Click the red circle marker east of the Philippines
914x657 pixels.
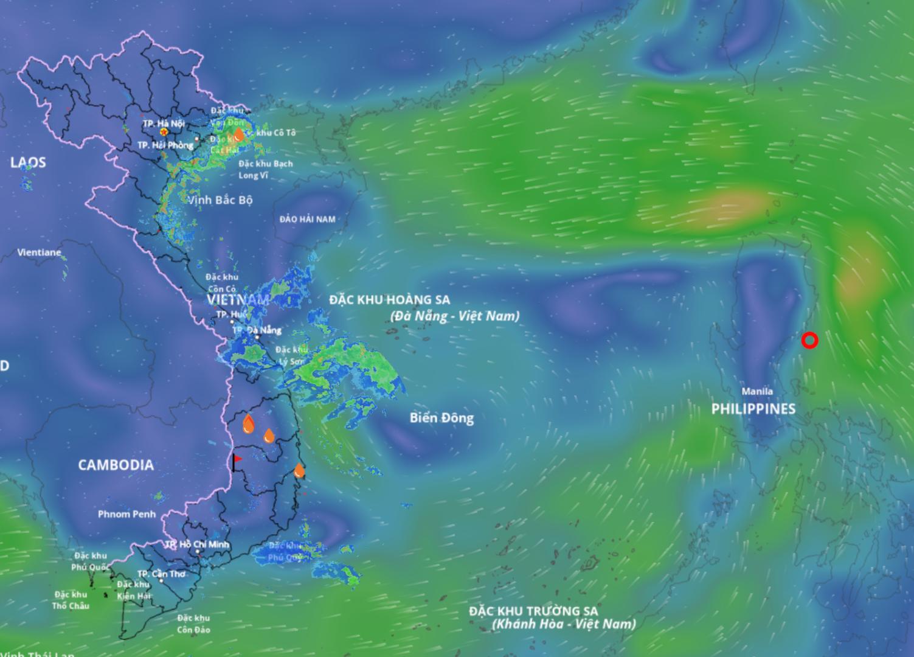pos(809,341)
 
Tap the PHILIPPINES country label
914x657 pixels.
pos(753,409)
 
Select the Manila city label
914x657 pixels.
pos(757,392)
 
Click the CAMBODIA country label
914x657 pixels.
pos(116,465)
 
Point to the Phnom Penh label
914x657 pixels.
pos(126,514)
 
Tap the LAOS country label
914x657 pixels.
pos(28,162)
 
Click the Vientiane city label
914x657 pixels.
pos(39,252)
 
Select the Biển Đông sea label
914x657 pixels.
pos(441,418)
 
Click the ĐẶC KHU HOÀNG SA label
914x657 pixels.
pos(389,300)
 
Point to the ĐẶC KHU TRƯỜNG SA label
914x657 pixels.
pos(533,611)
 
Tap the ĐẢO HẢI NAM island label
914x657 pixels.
pos(308,219)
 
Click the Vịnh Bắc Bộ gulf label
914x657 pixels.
pos(220,200)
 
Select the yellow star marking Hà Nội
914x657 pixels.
pos(164,131)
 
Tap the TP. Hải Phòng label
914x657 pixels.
pos(165,145)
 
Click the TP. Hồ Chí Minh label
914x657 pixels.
pos(198,544)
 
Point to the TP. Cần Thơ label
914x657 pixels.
pos(161,574)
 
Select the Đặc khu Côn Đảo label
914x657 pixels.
pos(193,624)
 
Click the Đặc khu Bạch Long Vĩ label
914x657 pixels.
pos(265,170)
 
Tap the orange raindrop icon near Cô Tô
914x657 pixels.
pos(240,134)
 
